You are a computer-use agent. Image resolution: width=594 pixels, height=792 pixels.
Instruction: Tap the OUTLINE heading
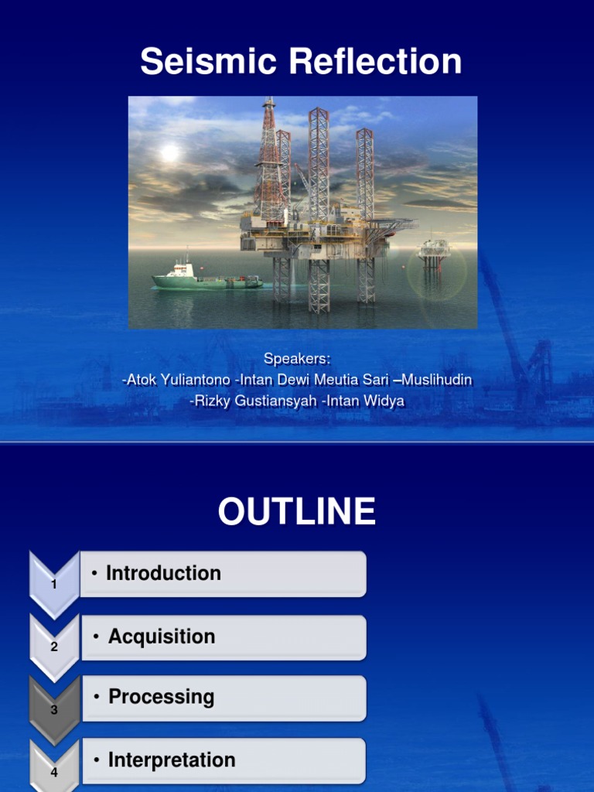(297, 512)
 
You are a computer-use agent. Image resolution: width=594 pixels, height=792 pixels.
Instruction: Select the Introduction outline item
(163, 573)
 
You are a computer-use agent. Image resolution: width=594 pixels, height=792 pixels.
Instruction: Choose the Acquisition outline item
(162, 637)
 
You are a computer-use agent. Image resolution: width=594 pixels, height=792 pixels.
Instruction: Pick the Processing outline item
(161, 697)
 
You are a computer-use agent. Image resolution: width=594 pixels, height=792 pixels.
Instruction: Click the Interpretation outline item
(172, 760)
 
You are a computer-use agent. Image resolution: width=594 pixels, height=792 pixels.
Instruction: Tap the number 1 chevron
(54, 584)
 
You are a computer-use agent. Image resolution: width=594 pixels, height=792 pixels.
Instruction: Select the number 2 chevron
(54, 646)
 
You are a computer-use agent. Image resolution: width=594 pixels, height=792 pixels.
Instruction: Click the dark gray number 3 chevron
(54, 708)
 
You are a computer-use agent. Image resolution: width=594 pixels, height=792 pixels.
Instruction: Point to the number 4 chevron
(54, 770)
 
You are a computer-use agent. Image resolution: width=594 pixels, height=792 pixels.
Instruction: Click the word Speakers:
(297, 359)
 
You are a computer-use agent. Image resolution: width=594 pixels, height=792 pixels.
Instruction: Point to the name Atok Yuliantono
(176, 381)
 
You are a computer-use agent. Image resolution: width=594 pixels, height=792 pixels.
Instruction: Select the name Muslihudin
(433, 381)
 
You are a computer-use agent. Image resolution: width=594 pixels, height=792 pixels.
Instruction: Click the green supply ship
(205, 277)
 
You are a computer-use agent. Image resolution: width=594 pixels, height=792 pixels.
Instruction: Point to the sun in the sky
(169, 153)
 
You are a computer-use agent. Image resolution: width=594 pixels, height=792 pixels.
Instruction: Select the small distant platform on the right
(433, 251)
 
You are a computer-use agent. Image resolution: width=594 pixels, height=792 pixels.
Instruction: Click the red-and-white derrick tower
(269, 162)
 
